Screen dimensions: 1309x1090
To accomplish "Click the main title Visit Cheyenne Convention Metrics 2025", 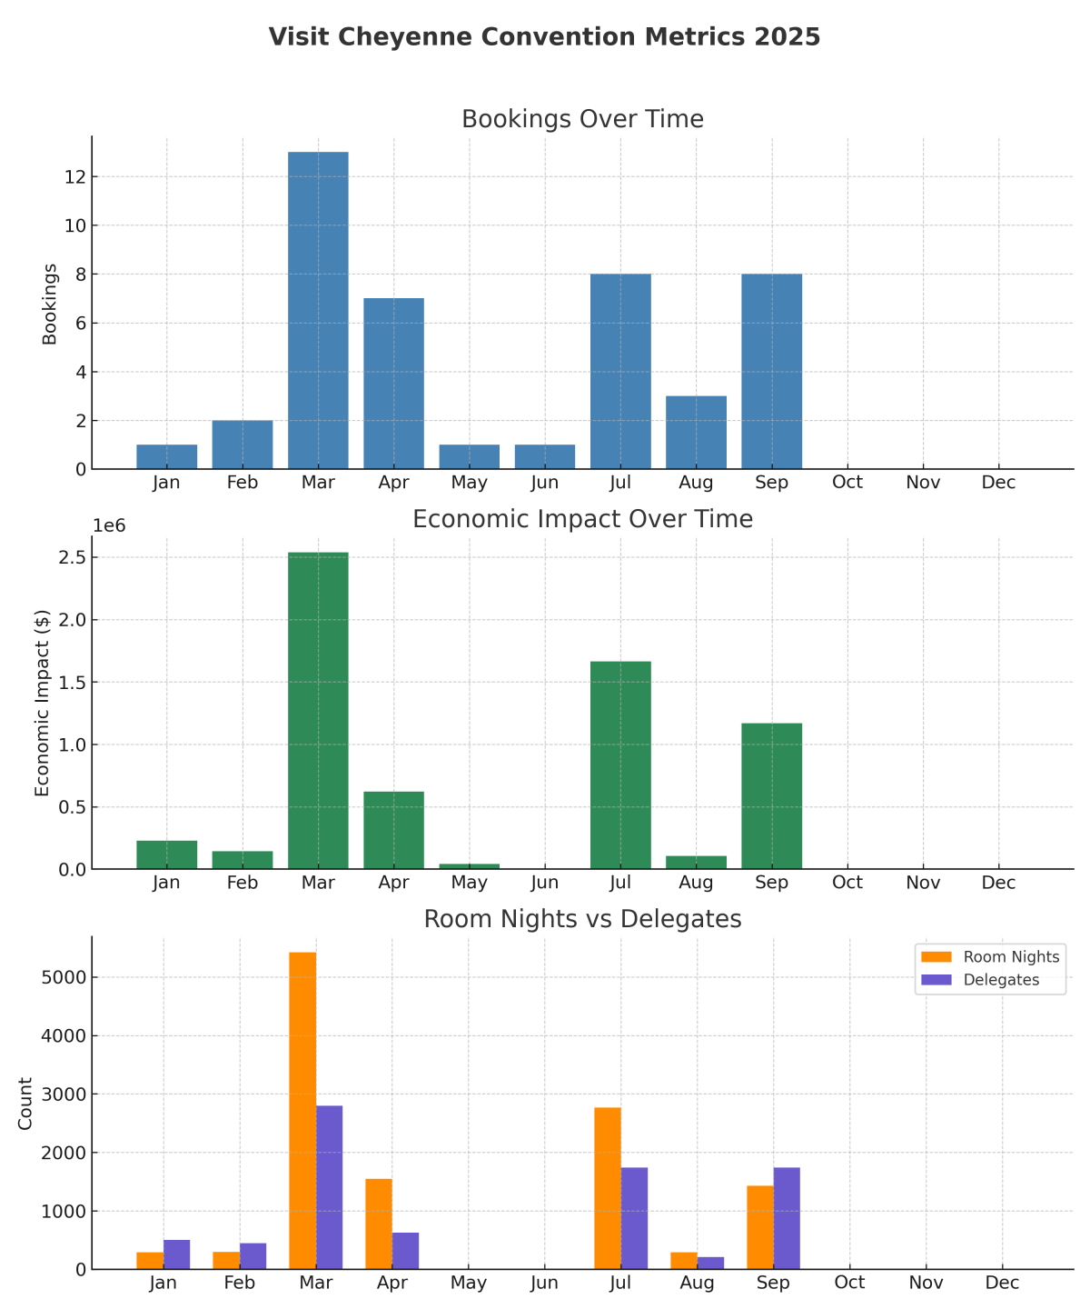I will [544, 37].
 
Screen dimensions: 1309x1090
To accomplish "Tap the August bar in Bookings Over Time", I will [696, 433].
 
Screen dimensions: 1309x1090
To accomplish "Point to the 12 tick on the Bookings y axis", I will [74, 176].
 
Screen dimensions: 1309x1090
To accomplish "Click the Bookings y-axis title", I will [50, 305].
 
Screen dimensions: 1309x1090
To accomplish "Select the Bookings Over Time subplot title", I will [582, 119].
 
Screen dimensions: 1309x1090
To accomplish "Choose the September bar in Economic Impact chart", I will [771, 796].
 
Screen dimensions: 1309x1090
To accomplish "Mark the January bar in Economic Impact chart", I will [167, 855].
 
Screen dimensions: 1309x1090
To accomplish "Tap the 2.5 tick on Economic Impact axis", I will [73, 557].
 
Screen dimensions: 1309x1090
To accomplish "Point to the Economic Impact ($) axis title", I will [42, 704].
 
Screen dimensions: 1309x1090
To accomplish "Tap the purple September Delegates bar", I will [787, 1218].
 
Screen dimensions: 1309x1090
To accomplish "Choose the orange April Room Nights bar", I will [379, 1224].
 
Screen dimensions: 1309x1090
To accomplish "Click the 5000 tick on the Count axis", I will [67, 977].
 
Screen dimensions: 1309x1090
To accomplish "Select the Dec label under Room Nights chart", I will [1002, 1284].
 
